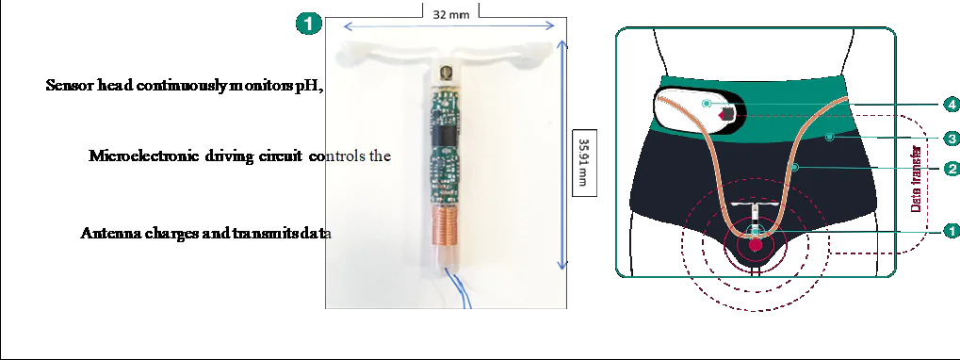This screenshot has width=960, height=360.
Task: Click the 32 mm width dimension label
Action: tap(450, 13)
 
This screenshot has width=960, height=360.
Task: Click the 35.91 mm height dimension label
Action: tap(584, 163)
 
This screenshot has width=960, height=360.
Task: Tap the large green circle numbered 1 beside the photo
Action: tap(309, 24)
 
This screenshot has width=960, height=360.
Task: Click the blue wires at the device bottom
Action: tap(458, 287)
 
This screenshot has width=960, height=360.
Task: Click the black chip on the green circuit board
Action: tap(444, 132)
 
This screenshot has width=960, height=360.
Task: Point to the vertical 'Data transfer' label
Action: tap(917, 179)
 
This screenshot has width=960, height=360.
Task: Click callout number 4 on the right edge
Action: tap(952, 106)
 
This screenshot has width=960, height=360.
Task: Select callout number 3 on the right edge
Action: tap(952, 139)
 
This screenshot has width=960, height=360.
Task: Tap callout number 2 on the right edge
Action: tap(952, 169)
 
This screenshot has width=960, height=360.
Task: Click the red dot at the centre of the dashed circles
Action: tap(757, 245)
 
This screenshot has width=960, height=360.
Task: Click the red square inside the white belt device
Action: tap(727, 114)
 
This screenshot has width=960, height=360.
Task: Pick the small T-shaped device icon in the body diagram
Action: tap(757, 217)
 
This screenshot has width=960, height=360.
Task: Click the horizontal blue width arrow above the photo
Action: tap(449, 26)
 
